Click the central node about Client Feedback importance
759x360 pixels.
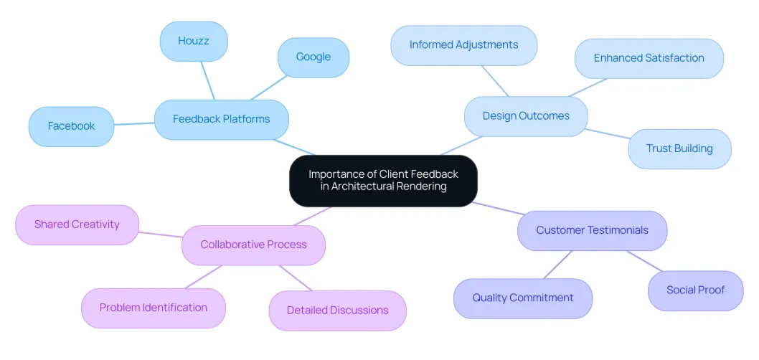click(x=383, y=180)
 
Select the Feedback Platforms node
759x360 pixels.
click(x=221, y=119)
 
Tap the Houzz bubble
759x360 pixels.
click(x=194, y=41)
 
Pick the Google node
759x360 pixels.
click(x=313, y=57)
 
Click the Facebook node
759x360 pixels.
click(x=71, y=126)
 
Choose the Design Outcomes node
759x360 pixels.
click(x=525, y=116)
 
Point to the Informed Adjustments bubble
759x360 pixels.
click(x=463, y=45)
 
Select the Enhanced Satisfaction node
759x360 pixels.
click(x=649, y=58)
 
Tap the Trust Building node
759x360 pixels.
click(x=679, y=148)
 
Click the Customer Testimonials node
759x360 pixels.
click(x=592, y=230)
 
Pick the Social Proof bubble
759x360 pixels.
click(x=695, y=290)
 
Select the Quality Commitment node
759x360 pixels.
click(x=522, y=298)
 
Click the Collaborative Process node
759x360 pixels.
click(x=253, y=245)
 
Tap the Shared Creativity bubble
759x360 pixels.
click(x=77, y=224)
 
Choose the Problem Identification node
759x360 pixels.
click(x=153, y=308)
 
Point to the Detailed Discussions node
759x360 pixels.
click(x=337, y=311)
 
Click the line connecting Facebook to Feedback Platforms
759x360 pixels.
click(x=134, y=124)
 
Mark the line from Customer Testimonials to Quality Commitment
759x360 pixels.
click(x=557, y=265)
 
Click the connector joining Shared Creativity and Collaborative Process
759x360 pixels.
click(x=161, y=234)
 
